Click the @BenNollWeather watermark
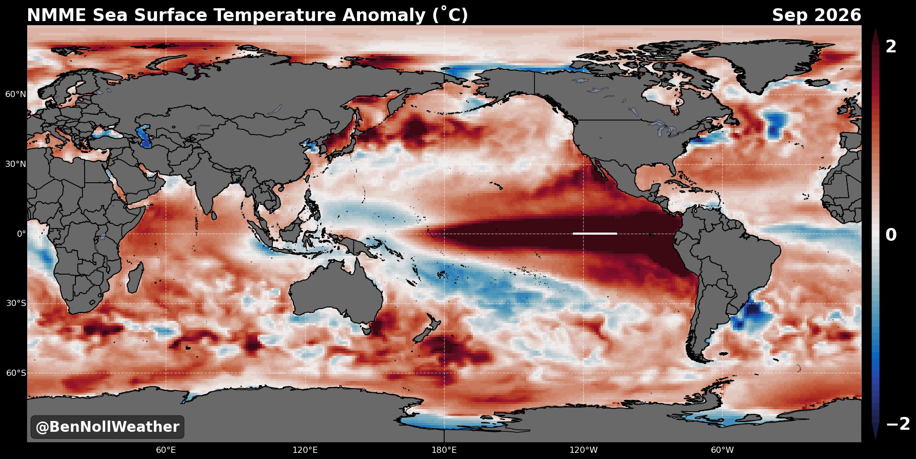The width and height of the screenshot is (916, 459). (x=107, y=427)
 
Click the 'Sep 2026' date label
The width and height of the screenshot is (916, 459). (x=817, y=15)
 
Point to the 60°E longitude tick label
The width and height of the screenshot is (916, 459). (x=166, y=450)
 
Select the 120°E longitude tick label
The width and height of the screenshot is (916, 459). (x=305, y=450)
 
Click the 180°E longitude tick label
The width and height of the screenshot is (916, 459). (x=444, y=450)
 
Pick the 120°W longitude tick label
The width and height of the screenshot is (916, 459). (x=583, y=450)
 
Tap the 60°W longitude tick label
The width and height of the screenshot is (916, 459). (x=722, y=450)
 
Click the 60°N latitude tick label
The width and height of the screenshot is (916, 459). (x=16, y=94)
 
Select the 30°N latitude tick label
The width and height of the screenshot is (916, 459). (x=16, y=164)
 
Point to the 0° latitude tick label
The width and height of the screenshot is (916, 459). (x=22, y=234)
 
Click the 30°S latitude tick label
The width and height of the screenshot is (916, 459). (x=16, y=303)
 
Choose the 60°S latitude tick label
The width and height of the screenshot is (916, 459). (x=16, y=373)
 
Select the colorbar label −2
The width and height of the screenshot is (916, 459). (x=898, y=424)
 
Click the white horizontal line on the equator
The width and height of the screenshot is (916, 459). (x=595, y=234)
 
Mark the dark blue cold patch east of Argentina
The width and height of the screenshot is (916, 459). (x=753, y=310)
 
